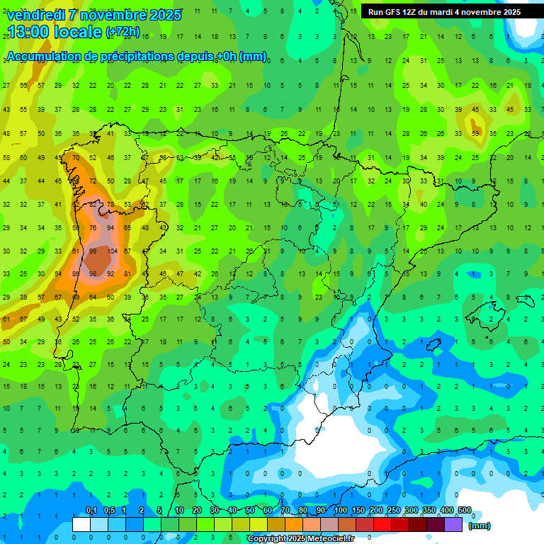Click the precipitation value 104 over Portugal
click(110, 251)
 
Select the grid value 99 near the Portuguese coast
click(93, 251)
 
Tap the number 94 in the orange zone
click(110, 228)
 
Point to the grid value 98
click(93, 274)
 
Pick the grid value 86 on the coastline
click(76, 274)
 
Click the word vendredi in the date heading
click(36, 15)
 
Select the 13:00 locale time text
click(55, 32)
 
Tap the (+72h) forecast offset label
click(123, 33)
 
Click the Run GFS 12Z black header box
click(444, 12)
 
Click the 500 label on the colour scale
click(465, 511)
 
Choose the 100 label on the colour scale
click(341, 511)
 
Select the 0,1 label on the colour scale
click(91, 511)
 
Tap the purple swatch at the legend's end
click(454, 524)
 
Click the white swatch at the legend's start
click(81, 524)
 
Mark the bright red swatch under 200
click(383, 524)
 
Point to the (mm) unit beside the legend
click(480, 526)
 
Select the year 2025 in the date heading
click(160, 15)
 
